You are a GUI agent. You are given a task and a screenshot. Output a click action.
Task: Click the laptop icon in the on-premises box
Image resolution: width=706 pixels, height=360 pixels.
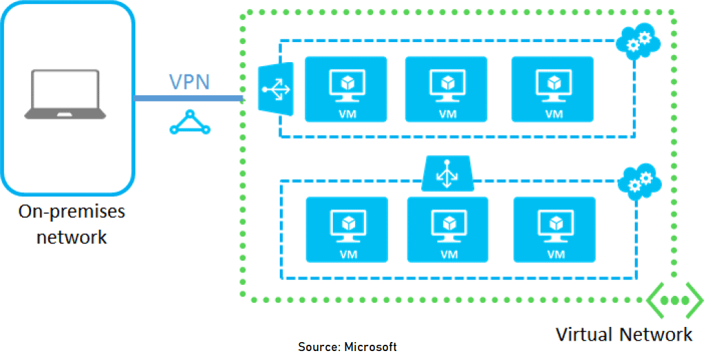coord(65,94)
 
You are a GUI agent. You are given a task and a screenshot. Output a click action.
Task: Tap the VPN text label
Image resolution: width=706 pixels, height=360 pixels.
coord(190,81)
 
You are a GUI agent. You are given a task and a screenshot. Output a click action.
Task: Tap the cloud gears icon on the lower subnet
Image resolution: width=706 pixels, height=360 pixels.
coord(638,182)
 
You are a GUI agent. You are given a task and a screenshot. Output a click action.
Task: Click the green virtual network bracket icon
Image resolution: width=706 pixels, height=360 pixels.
coord(674,301)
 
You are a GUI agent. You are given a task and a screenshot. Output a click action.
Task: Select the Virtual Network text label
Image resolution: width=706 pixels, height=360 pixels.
coord(623,335)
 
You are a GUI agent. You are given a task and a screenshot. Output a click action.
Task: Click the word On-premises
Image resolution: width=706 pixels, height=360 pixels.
coord(72,211)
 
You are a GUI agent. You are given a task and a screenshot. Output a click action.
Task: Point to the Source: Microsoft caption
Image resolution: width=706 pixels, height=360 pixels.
coord(347,346)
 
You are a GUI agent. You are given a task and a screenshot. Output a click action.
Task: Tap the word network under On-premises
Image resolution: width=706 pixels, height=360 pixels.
coord(72,237)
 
